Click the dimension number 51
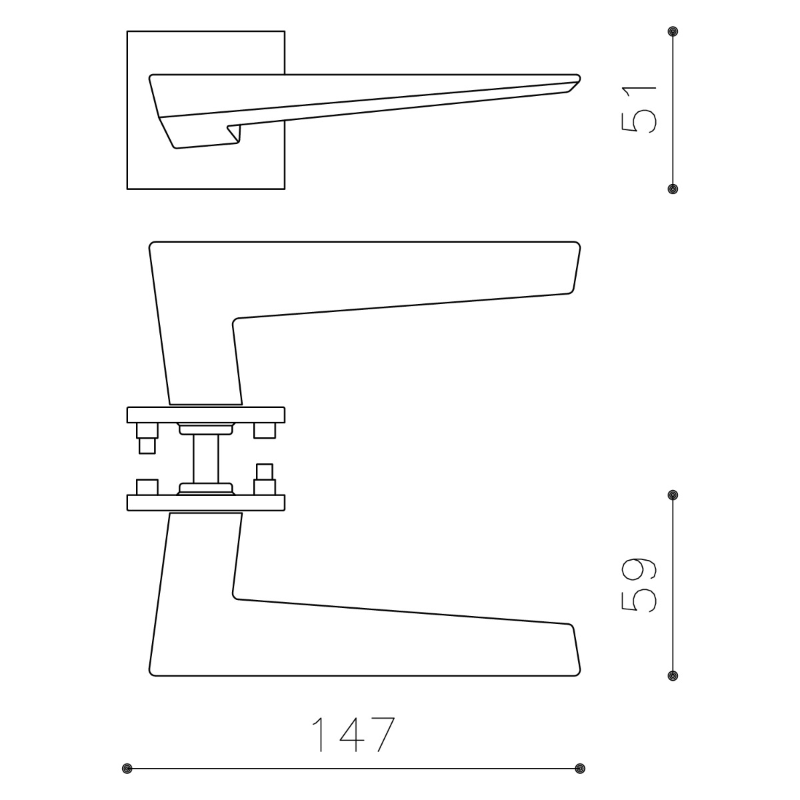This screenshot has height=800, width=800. click(639, 109)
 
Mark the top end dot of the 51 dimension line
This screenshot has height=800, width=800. click(673, 31)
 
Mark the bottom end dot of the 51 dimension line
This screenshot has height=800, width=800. click(673, 189)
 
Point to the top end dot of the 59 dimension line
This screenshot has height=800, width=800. click(673, 495)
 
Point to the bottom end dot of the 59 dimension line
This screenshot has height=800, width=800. click(673, 675)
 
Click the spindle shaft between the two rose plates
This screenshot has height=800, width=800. click(206, 459)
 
